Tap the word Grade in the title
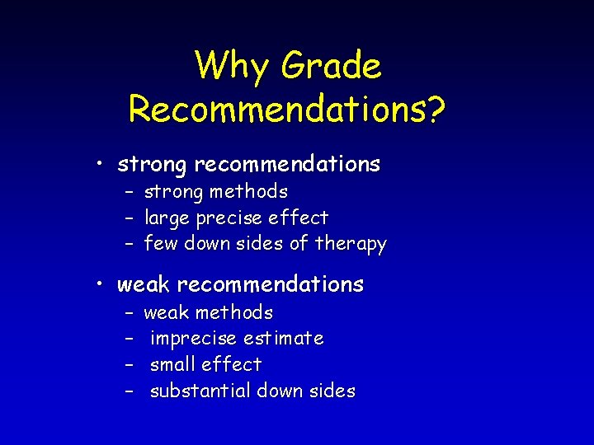(332, 67)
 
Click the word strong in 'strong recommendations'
(153, 165)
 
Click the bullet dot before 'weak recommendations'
(100, 284)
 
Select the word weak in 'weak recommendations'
(144, 284)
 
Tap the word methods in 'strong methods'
(248, 192)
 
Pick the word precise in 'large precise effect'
(232, 218)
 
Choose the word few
(160, 244)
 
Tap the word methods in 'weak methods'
(234, 312)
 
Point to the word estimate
(285, 338)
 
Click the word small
(172, 364)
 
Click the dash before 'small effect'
(130, 364)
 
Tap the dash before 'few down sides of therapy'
(130, 244)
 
